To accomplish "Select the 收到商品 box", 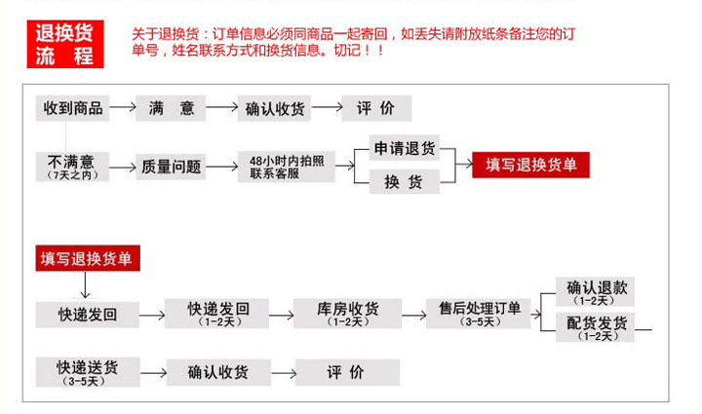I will (73, 107).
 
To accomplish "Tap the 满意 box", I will (171, 107).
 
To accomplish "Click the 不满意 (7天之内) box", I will (73, 167).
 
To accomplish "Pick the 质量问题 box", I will (172, 167).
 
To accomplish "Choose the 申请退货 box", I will (404, 149).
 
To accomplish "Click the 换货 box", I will (404, 181).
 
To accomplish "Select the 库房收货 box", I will (348, 314).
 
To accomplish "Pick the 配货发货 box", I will (597, 327).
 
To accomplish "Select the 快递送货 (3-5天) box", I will (87, 371).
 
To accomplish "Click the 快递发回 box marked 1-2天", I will (218, 314).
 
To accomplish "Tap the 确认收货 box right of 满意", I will (274, 107).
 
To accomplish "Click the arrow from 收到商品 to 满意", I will (122, 107).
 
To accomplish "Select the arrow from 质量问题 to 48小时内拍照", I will (222, 167).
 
